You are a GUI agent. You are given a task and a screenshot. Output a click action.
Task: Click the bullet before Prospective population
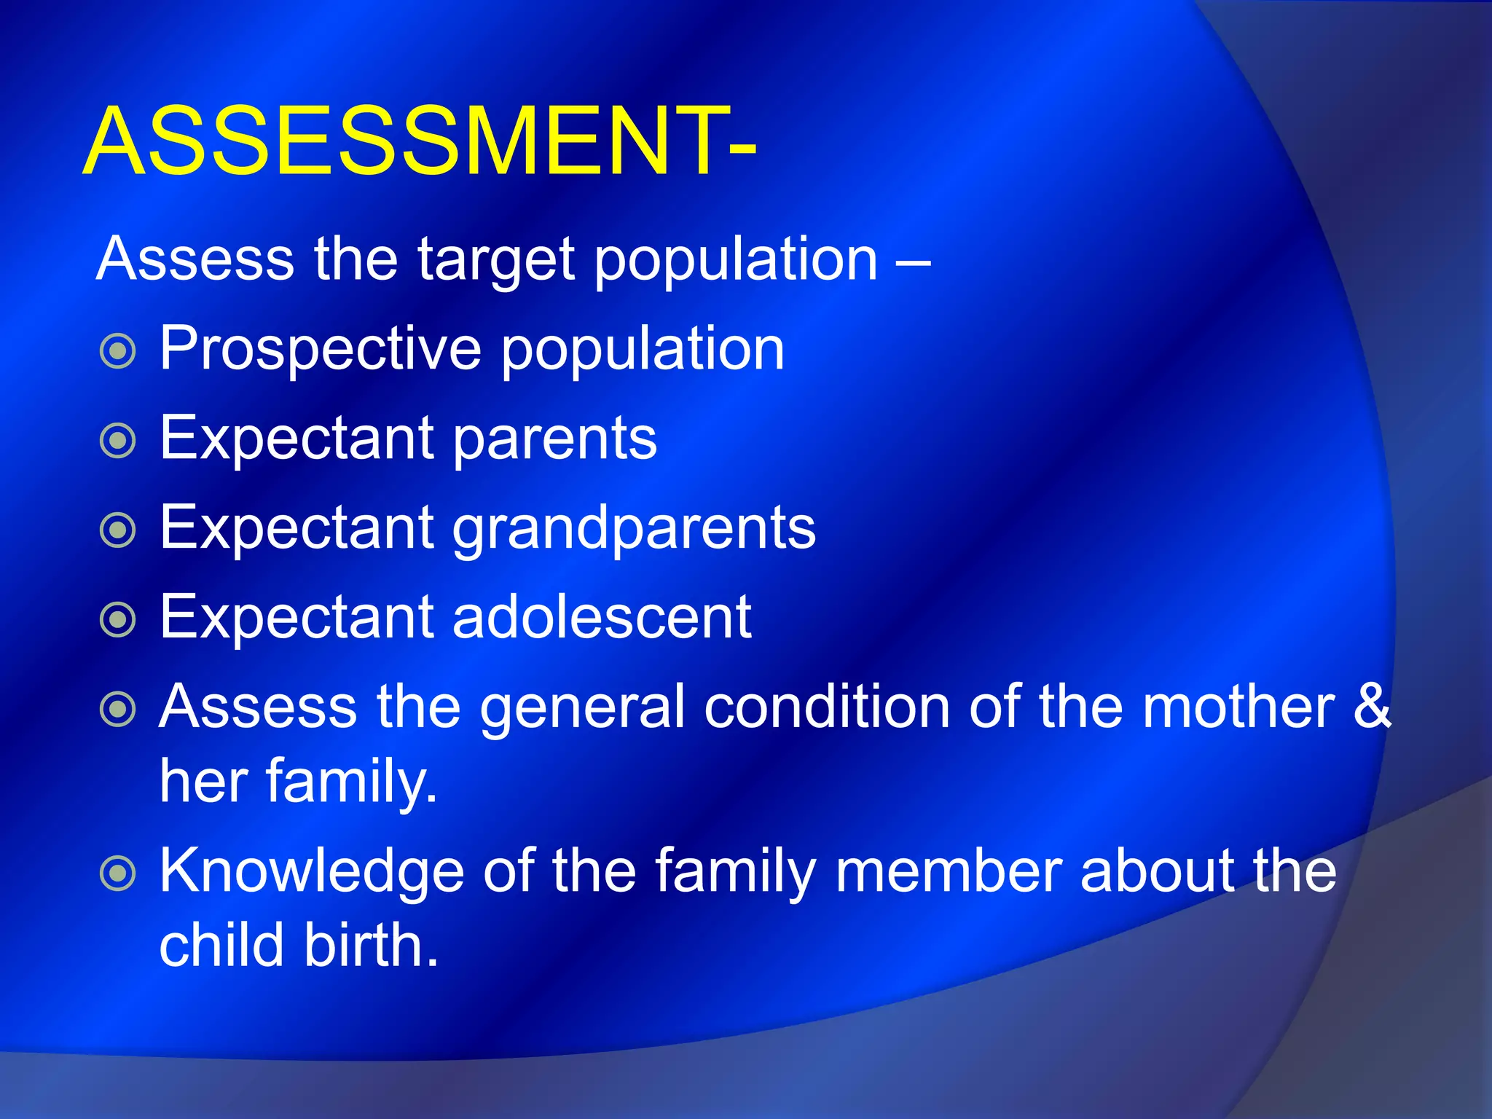tap(117, 351)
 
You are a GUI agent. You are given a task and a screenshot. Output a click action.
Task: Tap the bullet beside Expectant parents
tap(117, 441)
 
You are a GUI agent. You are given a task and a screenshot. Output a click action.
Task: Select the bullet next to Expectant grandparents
tap(117, 530)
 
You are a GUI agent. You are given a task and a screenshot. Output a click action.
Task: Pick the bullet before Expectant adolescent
tap(117, 620)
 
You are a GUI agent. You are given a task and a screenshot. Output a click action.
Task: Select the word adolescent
tap(601, 617)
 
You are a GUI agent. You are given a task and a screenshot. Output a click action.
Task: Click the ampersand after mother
tap(1372, 706)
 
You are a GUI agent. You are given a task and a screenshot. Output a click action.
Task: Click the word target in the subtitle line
tap(496, 261)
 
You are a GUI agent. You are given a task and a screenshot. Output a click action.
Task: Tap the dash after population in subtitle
tap(913, 261)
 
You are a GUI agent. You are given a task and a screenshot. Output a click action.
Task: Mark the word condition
tap(827, 706)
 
